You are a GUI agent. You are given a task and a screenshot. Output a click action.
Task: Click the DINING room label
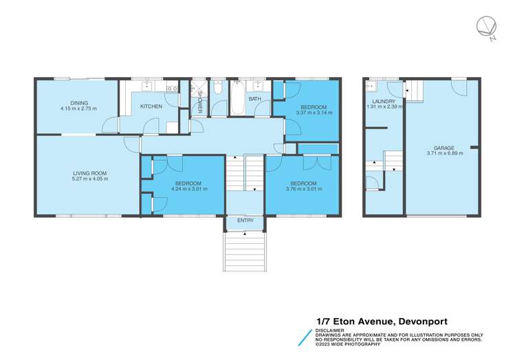78,103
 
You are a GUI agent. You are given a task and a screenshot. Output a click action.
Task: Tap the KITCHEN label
151,106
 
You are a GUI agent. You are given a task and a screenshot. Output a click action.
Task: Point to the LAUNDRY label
383,101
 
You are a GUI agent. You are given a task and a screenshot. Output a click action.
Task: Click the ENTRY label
245,221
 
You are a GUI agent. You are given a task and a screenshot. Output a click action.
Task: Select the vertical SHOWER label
200,106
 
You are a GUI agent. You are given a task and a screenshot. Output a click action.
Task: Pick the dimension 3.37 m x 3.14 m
314,112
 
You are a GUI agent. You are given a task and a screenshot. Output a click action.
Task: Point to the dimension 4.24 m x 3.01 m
188,189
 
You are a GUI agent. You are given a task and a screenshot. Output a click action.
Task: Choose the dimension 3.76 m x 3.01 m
303,189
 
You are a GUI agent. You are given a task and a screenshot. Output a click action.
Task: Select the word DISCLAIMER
330,330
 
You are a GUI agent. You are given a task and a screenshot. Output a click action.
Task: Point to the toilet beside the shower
217,89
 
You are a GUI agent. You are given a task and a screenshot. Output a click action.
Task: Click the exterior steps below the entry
244,251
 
